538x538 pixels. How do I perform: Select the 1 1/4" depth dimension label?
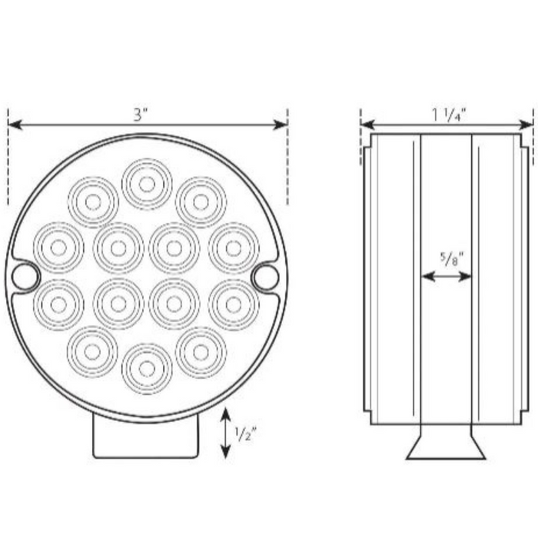(448, 115)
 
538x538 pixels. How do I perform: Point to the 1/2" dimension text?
(245, 433)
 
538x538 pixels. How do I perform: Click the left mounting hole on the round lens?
(25, 276)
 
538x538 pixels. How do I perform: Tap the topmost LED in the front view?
(146, 183)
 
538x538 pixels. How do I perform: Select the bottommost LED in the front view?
(146, 369)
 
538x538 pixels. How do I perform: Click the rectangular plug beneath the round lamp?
(145, 437)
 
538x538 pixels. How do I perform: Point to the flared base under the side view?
(446, 448)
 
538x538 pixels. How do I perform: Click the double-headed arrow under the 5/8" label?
(447, 277)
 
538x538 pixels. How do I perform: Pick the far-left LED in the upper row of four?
(58, 247)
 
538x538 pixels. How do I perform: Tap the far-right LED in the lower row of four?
(233, 304)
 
